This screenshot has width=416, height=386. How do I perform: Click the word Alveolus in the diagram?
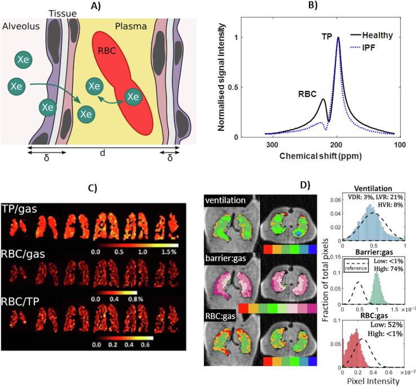20,26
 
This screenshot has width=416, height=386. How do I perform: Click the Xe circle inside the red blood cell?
132,97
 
